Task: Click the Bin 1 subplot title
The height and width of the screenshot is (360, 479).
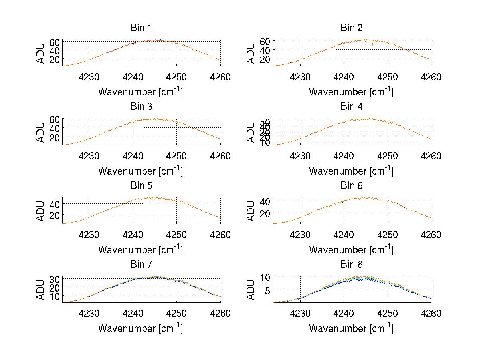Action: click(141, 28)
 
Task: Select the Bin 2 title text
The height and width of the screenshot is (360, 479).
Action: click(352, 28)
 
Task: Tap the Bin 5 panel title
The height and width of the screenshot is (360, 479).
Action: click(141, 186)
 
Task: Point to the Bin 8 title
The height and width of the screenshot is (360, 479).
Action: click(352, 265)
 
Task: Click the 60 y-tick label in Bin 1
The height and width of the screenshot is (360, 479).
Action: click(55, 42)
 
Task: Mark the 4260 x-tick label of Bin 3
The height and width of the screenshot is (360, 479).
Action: click(221, 156)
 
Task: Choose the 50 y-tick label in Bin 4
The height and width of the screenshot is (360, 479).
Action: click(266, 121)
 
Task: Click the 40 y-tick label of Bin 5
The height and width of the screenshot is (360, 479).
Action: click(55, 204)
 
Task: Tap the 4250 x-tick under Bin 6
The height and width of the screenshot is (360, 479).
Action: click(388, 235)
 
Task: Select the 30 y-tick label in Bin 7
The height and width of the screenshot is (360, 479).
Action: click(55, 279)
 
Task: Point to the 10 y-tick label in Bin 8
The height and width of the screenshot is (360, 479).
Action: click(266, 276)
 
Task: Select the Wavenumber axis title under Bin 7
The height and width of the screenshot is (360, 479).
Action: click(141, 328)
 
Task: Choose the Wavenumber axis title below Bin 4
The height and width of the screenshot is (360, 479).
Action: click(352, 171)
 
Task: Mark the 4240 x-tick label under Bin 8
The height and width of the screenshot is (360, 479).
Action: click(344, 314)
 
